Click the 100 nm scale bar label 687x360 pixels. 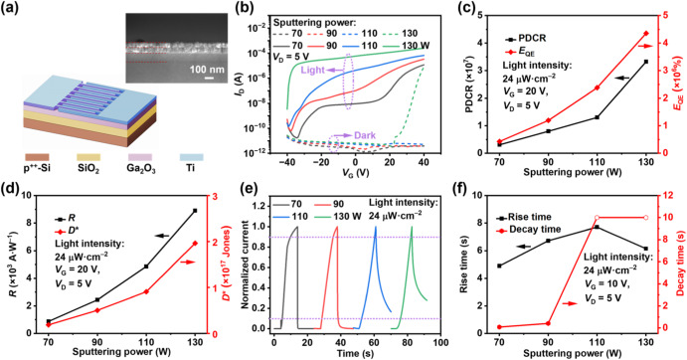[x=207, y=70]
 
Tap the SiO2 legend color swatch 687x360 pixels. [x=88, y=157]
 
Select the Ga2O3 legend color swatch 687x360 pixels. [x=140, y=157]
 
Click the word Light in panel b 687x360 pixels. [x=313, y=71]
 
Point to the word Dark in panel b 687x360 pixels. [x=365, y=135]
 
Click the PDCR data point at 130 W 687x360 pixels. [x=646, y=62]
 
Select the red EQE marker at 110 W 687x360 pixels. [x=597, y=88]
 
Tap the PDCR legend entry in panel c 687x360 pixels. [x=525, y=39]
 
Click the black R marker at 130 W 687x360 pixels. [x=196, y=211]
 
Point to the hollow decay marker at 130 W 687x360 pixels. [x=646, y=218]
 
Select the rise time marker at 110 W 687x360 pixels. [x=597, y=227]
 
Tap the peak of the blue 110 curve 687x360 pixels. [x=376, y=227]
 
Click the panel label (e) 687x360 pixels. [x=248, y=192]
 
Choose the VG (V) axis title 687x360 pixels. [x=355, y=173]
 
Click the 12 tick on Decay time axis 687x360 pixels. [x=664, y=196]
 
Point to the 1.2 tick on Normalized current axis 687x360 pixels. [x=259, y=206]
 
